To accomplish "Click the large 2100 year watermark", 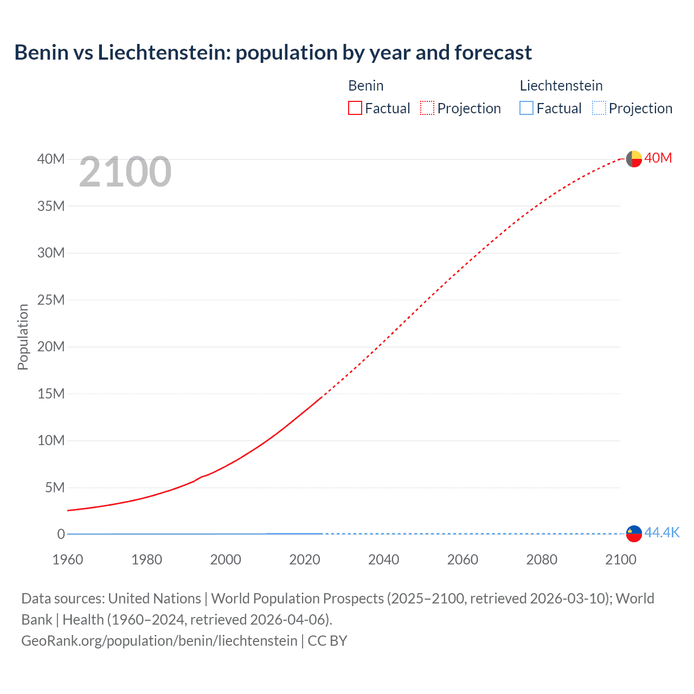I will [125, 172].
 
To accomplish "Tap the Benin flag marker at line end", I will [634, 159].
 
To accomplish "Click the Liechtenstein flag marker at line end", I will [634, 534].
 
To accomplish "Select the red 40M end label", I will [658, 158].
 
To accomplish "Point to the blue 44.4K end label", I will [661, 532].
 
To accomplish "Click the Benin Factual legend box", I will [355, 108].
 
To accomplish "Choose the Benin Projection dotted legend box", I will [427, 108].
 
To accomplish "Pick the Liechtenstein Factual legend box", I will [526, 108].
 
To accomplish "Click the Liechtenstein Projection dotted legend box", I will [599, 108].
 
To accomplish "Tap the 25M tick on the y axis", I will [51, 300].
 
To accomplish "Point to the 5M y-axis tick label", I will [54, 487].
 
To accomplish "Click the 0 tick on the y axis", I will [61, 534].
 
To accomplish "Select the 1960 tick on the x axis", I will [68, 560].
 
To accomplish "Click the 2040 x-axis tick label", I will [383, 560].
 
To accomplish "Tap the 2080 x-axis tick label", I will [542, 560].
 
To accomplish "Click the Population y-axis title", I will [23, 337].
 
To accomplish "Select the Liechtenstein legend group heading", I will [561, 86].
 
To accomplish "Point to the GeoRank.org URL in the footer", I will [159, 641].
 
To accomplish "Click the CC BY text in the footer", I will [327, 641].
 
